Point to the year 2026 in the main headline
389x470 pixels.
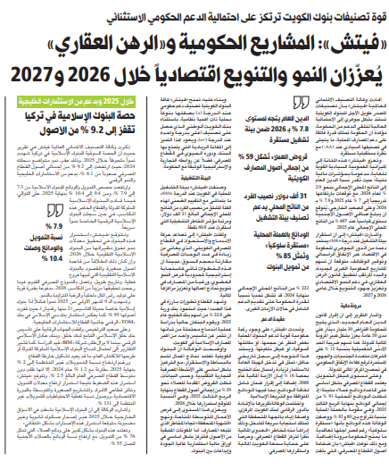(x=93, y=70)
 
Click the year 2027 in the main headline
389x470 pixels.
(x=32, y=70)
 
